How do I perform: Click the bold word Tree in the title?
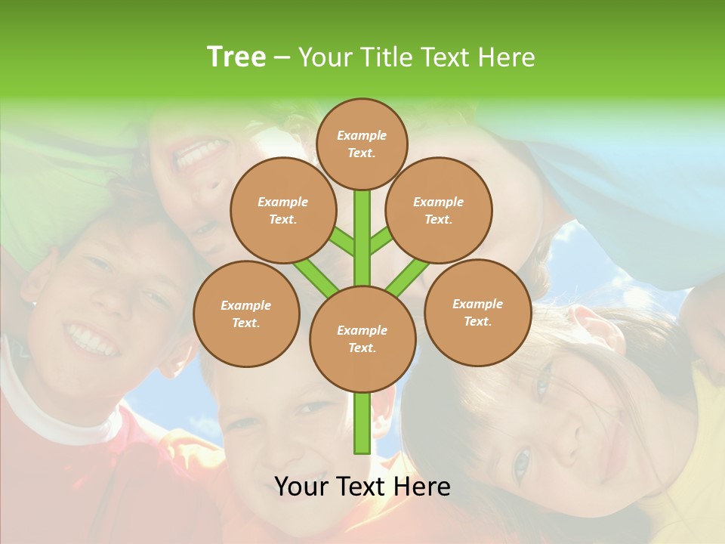236,57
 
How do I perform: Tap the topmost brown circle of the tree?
362,144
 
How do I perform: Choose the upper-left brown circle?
282,210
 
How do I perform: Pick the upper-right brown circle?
439,210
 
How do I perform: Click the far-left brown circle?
246,314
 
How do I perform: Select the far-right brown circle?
477,312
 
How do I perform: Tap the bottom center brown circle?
362,338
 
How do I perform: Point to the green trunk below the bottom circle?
362,423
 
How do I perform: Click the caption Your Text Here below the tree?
362,487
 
